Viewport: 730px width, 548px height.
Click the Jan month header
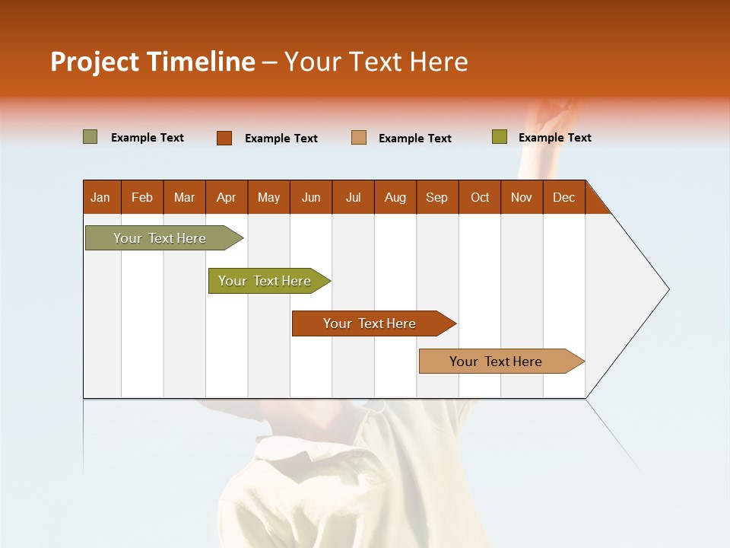point(101,197)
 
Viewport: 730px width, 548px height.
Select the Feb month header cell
point(142,197)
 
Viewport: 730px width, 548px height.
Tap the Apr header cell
point(227,197)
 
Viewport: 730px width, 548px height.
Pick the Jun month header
point(311,197)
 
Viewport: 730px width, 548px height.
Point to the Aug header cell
point(395,197)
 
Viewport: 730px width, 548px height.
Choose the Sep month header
point(437,197)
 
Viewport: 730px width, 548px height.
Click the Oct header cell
point(480,197)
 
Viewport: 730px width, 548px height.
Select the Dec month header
point(564,197)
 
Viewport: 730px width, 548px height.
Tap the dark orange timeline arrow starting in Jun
point(370,323)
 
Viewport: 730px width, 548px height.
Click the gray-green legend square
point(90,137)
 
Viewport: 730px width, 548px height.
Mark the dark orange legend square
point(224,138)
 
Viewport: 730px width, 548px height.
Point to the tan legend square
point(359,138)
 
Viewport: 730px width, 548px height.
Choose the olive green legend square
point(499,137)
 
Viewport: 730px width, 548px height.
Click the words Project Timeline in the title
point(152,62)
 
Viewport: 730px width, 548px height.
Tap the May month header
point(268,197)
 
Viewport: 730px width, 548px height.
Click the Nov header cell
point(522,197)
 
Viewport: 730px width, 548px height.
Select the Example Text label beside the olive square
point(554,138)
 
